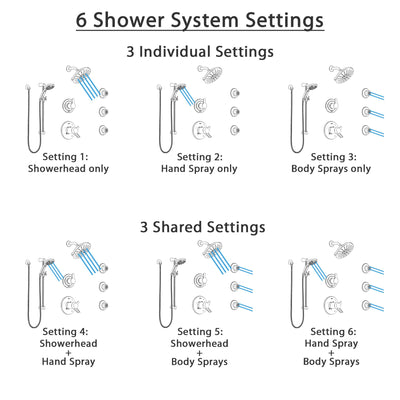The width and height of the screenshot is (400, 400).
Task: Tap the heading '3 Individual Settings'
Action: pos(200,50)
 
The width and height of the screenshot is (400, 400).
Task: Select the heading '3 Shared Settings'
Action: pos(200,227)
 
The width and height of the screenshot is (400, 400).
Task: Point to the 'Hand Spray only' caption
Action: pos(200,169)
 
